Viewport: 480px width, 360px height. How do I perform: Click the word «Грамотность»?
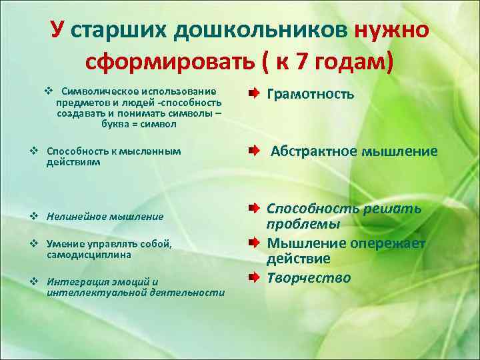pos(310,94)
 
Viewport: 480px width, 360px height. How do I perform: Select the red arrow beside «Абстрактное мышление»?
pos(255,151)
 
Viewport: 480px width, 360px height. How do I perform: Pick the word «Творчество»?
pos(309,277)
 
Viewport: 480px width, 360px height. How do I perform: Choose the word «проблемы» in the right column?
pos(303,225)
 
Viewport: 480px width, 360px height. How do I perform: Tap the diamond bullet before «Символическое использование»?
pos(48,91)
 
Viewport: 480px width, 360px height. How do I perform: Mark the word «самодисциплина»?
pos(89,255)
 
